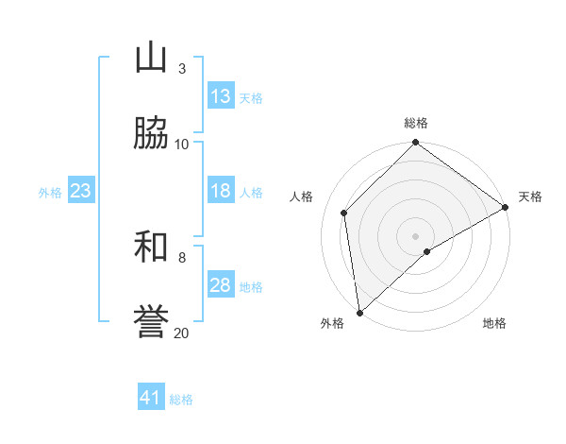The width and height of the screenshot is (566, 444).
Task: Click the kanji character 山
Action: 151,59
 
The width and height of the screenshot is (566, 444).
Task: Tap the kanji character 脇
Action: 151,133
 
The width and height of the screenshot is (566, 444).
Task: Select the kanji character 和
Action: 151,247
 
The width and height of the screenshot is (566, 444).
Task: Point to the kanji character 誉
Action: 151,322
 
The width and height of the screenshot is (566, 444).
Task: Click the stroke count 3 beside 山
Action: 181,68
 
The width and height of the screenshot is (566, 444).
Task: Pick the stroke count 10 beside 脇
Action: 182,144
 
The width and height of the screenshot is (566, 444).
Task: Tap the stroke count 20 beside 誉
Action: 181,333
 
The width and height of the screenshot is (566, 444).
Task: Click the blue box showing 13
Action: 221,96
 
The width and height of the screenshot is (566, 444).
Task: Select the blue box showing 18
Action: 221,191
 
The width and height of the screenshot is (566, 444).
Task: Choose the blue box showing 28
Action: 221,285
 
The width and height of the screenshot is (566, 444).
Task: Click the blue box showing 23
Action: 80,191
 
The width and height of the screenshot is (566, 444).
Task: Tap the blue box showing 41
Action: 151,399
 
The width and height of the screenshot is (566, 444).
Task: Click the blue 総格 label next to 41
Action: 181,400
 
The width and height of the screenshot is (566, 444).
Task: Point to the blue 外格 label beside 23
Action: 50,192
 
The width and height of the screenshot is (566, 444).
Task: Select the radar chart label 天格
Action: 530,196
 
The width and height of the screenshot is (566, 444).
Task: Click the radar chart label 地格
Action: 494,323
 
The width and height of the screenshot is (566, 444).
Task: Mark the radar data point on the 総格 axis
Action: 415,144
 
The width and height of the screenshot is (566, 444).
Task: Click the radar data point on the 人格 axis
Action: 344,213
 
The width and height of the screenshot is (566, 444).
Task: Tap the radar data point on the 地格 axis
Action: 427,251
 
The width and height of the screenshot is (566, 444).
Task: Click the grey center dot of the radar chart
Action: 415,235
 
